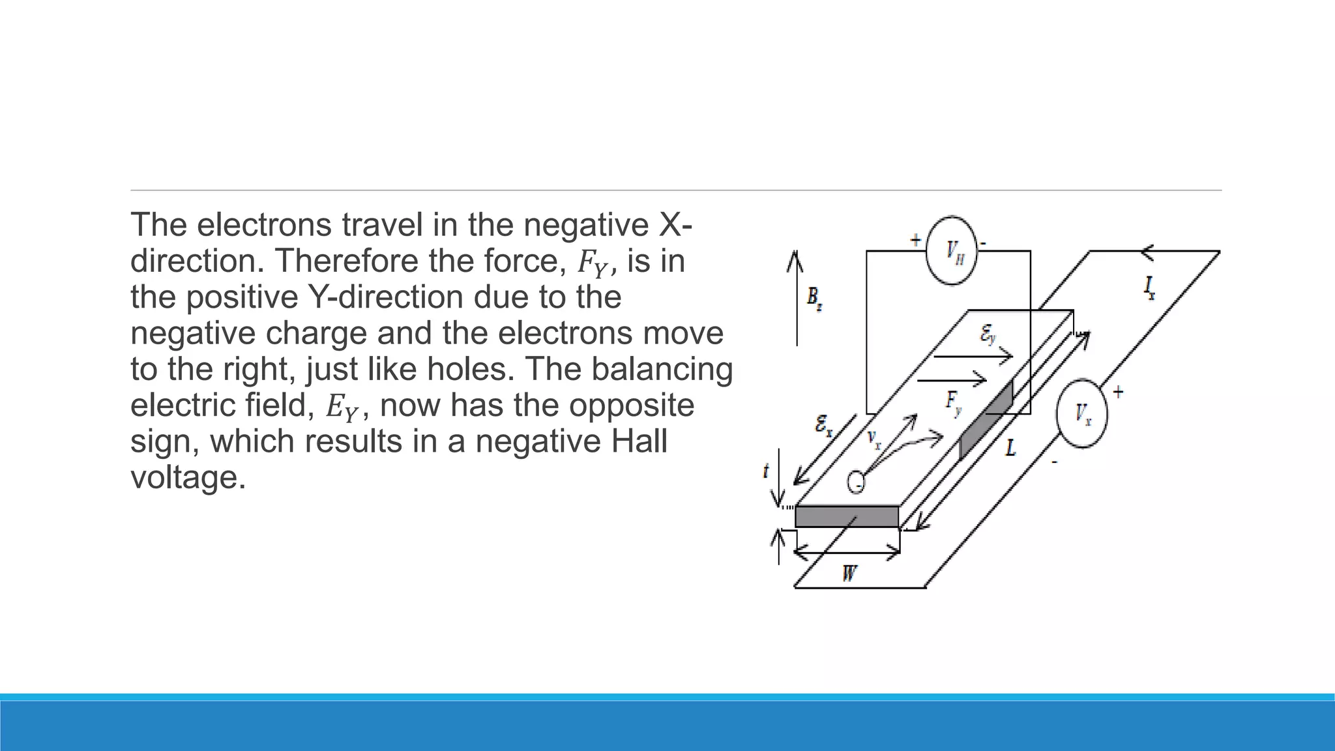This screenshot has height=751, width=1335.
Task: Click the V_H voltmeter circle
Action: [x=952, y=251]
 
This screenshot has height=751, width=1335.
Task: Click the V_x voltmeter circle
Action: [x=1082, y=413]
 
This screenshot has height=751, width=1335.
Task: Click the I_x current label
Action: [x=1150, y=287]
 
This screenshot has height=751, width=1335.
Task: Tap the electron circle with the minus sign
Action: [x=856, y=482]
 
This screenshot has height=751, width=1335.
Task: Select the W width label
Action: [x=849, y=574]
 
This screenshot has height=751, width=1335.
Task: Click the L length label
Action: [x=1010, y=448]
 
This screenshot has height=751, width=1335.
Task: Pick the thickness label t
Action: [x=767, y=471]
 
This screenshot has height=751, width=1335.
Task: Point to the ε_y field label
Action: [x=988, y=335]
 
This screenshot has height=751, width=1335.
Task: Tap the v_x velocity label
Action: [x=874, y=439]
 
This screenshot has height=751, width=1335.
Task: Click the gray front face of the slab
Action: [x=847, y=517]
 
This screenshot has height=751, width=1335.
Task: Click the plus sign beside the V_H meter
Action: [x=916, y=240]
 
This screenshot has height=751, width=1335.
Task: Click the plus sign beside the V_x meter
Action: [x=1118, y=392]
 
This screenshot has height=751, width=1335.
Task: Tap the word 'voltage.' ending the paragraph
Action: [x=188, y=477]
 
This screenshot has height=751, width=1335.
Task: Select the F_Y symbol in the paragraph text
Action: [x=593, y=263]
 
